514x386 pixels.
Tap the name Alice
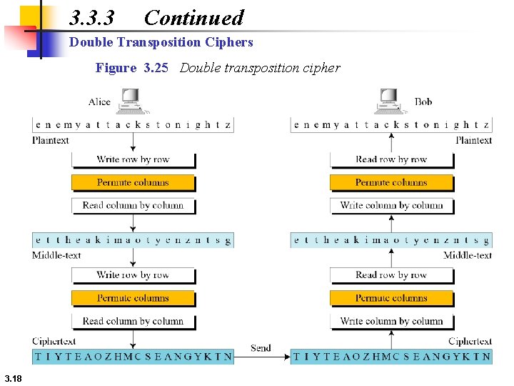(99, 102)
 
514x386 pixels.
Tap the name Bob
(423, 102)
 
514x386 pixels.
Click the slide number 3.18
(14, 377)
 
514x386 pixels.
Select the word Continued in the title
(193, 18)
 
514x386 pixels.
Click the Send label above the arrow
(261, 348)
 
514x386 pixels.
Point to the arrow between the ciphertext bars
(262, 356)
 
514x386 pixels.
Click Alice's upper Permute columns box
(133, 182)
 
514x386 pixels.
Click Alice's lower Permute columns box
(133, 298)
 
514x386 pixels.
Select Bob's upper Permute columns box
(391, 182)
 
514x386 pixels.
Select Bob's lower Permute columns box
(391, 298)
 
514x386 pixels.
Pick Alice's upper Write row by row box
(133, 159)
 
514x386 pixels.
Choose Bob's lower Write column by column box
(391, 321)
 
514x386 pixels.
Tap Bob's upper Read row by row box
(391, 159)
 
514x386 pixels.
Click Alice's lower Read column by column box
(133, 321)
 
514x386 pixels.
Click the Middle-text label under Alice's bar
(56, 255)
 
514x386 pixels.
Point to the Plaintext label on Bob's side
(473, 140)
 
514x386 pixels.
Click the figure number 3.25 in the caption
(156, 68)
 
